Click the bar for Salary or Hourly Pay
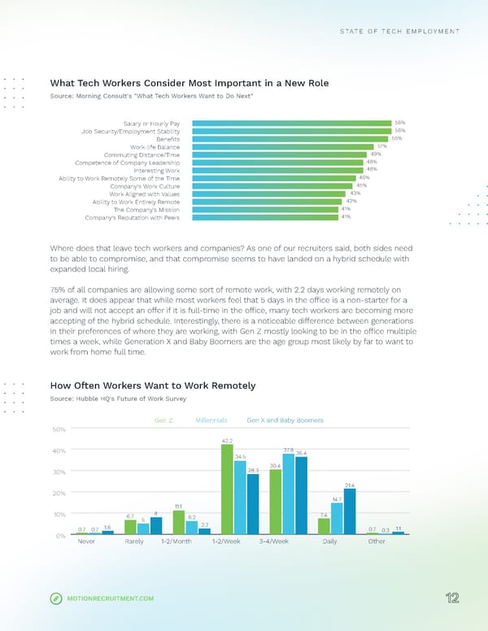tap(292, 123)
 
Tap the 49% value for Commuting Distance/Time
tap(376, 154)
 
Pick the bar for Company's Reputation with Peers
tap(265, 217)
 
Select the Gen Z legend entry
tap(163, 420)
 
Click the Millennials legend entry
tap(211, 420)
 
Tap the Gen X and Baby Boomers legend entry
tap(285, 420)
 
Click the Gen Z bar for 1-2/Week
tap(227, 489)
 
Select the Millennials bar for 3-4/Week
tap(289, 494)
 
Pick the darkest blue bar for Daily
tap(350, 511)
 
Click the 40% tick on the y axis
tap(59, 450)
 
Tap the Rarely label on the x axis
tap(135, 542)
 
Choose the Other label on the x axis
tap(377, 542)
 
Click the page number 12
tap(453, 598)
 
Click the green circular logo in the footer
tap(56, 599)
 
